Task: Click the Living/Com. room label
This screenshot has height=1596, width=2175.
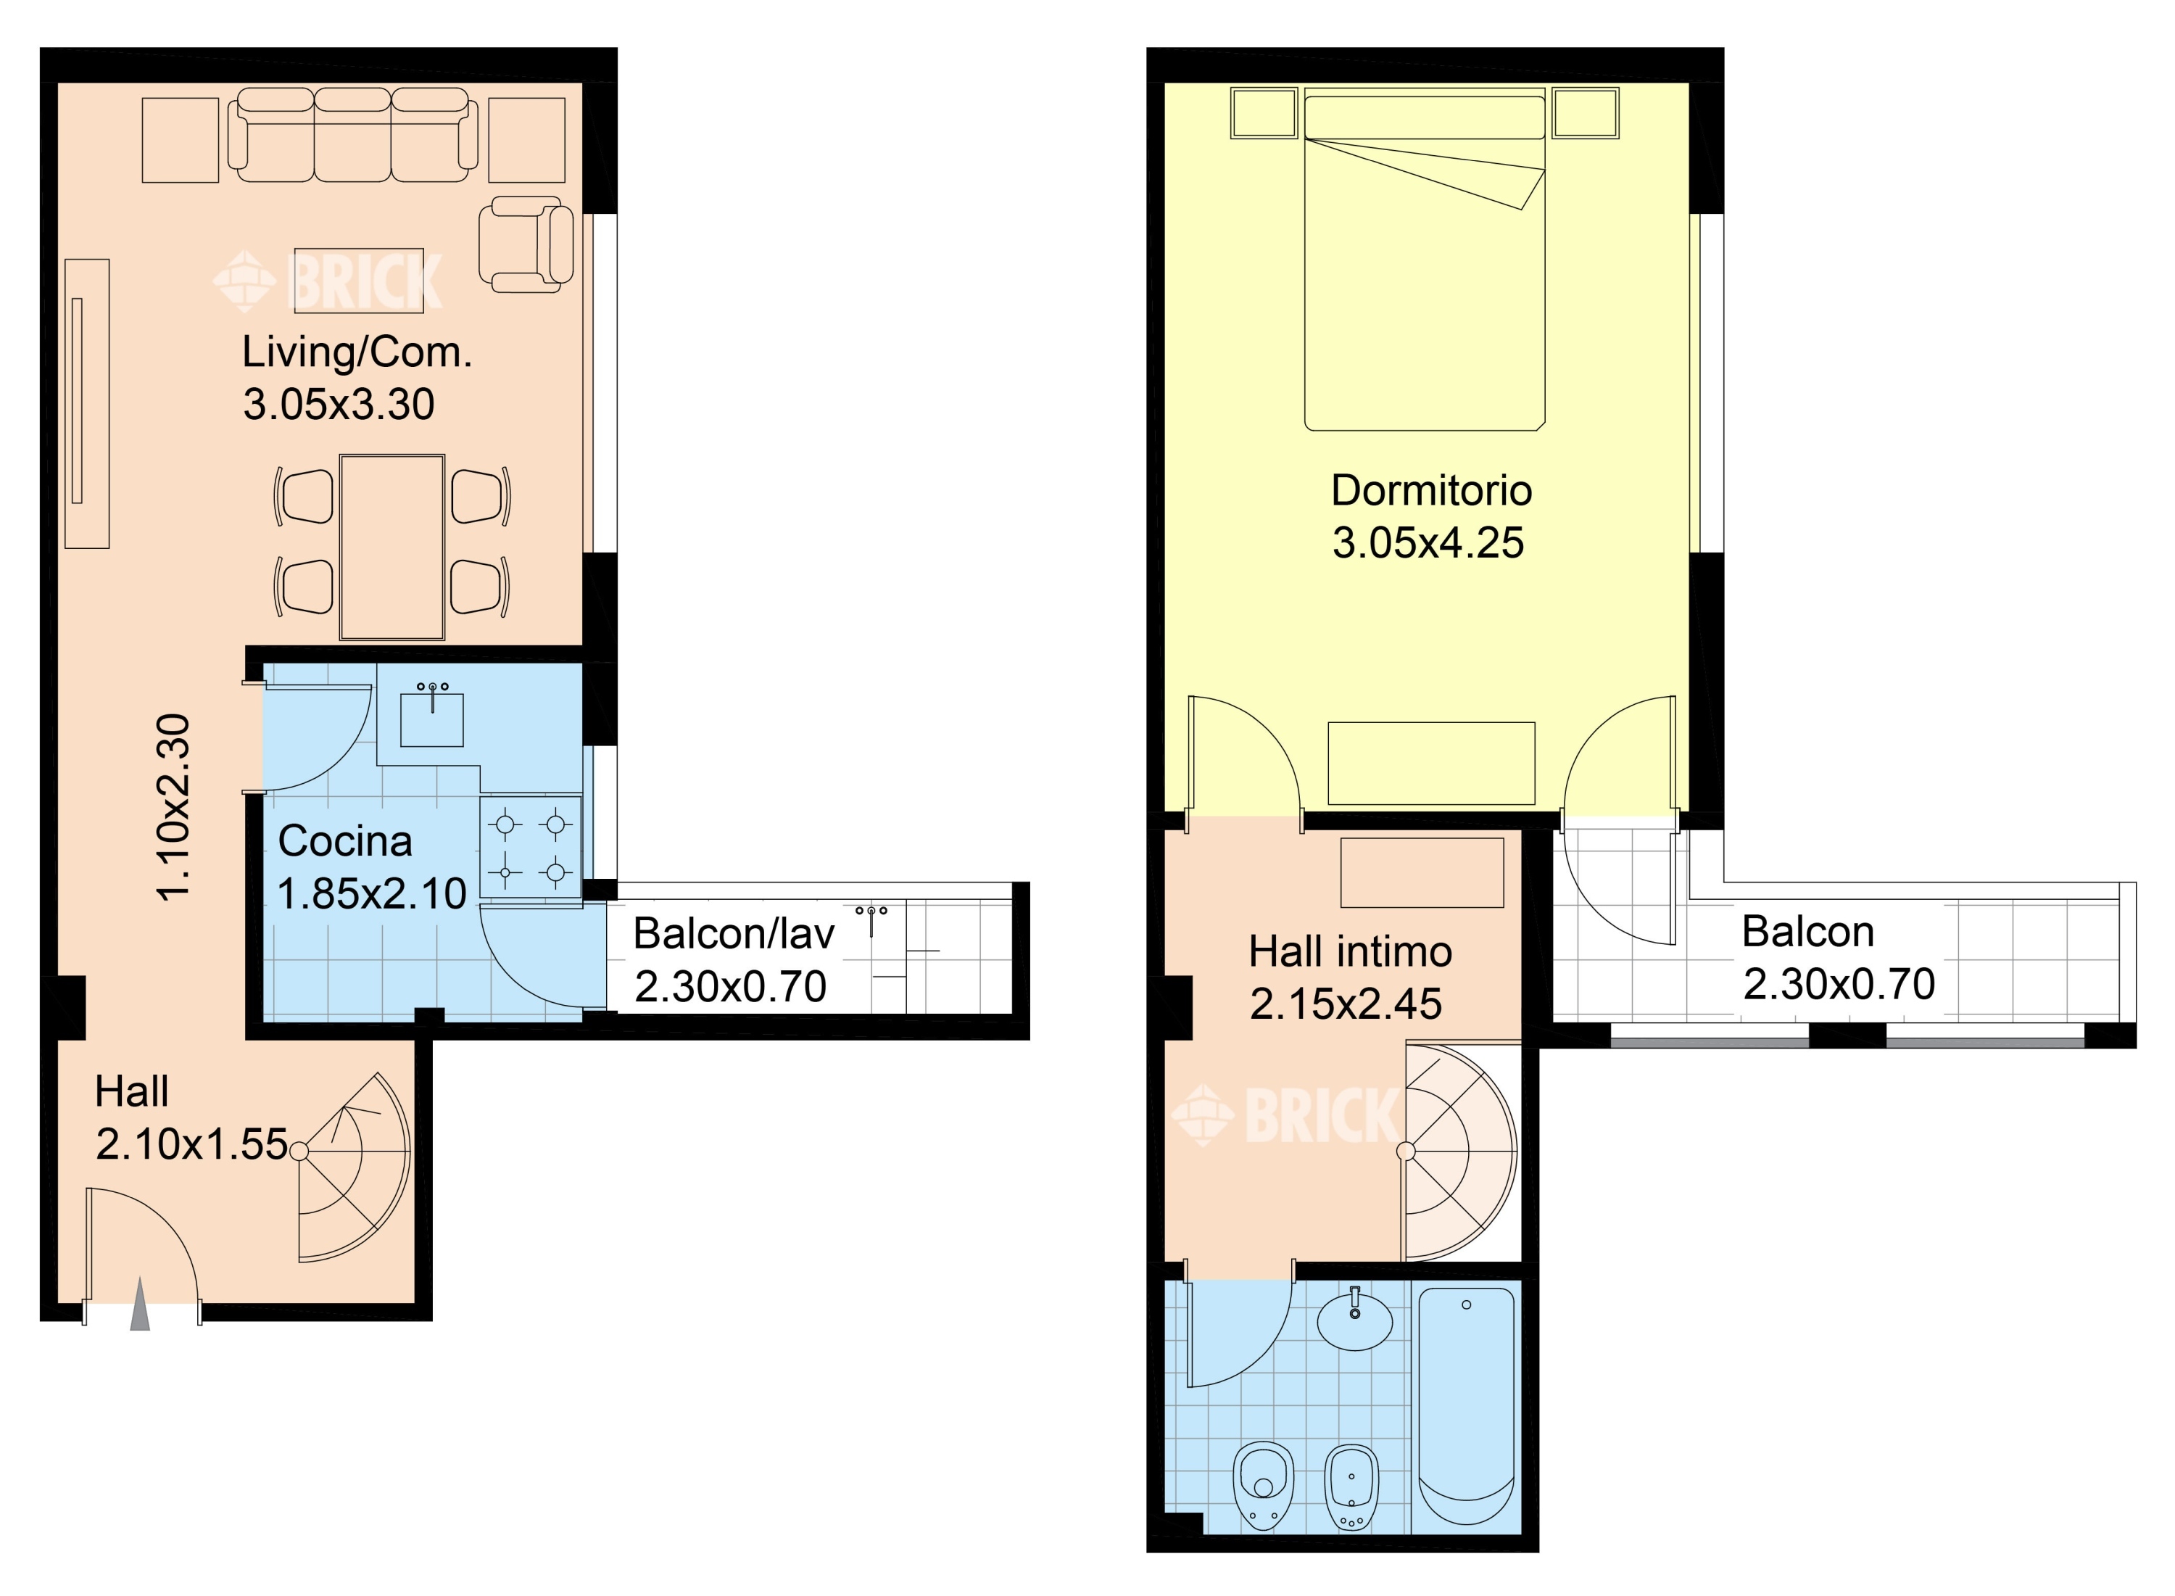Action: point(357,352)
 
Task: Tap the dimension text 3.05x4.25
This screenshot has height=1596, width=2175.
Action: point(1428,543)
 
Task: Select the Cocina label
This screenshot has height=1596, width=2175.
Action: point(345,841)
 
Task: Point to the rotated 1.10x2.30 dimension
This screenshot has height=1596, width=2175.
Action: point(175,808)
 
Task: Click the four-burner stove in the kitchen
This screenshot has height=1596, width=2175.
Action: point(530,847)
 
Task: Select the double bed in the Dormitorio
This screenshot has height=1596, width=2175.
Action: point(1425,259)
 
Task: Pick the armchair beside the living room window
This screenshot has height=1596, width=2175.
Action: point(526,244)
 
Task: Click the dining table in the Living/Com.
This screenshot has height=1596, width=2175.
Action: point(392,547)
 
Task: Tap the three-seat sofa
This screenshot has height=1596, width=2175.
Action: point(352,136)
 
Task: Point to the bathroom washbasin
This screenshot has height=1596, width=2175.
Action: point(1355,1317)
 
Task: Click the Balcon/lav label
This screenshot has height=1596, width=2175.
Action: point(734,934)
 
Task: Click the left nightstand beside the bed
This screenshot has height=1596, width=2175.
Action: point(1264,114)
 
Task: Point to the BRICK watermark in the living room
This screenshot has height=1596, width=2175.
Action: point(328,281)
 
